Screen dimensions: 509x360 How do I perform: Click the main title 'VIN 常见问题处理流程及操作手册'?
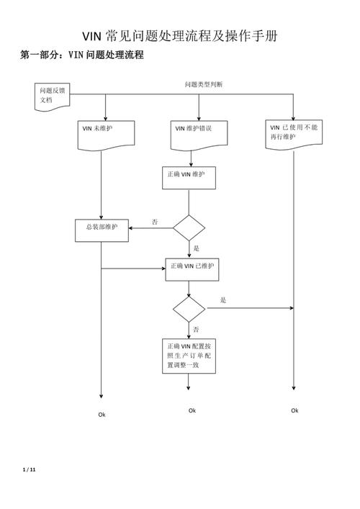180,36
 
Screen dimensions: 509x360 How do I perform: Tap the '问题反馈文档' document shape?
53,96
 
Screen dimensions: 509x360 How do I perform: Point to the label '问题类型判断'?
204,84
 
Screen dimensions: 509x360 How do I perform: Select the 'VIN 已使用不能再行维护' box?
293,132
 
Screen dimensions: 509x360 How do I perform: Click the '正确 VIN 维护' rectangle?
189,176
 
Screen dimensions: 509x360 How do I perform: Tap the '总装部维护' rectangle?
102,229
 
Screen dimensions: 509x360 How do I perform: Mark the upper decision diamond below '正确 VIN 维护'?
189,228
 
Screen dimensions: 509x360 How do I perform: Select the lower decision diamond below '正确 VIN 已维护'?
189,309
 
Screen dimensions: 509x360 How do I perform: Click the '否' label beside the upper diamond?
155,222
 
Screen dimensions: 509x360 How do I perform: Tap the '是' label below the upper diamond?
196,248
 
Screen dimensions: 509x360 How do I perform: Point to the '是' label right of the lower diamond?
223,300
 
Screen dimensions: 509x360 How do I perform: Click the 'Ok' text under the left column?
102,415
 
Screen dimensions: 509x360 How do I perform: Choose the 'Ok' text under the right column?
294,410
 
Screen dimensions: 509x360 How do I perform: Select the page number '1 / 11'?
29,470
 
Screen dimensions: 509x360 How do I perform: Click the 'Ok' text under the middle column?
192,410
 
